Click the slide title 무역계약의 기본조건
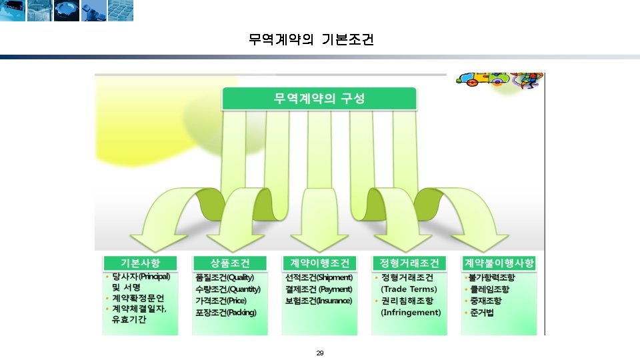311,40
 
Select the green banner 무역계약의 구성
319,99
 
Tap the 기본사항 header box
140,263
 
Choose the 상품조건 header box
229,263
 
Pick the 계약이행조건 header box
320,263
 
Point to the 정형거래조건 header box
409,263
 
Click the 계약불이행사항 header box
499,263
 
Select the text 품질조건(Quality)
225,277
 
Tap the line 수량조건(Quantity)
227,289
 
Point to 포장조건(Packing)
225,313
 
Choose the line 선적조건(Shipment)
319,277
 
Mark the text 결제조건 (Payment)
319,289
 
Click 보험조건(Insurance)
319,301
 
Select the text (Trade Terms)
409,289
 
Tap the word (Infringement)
411,312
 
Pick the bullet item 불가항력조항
492,277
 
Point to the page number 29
319,353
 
